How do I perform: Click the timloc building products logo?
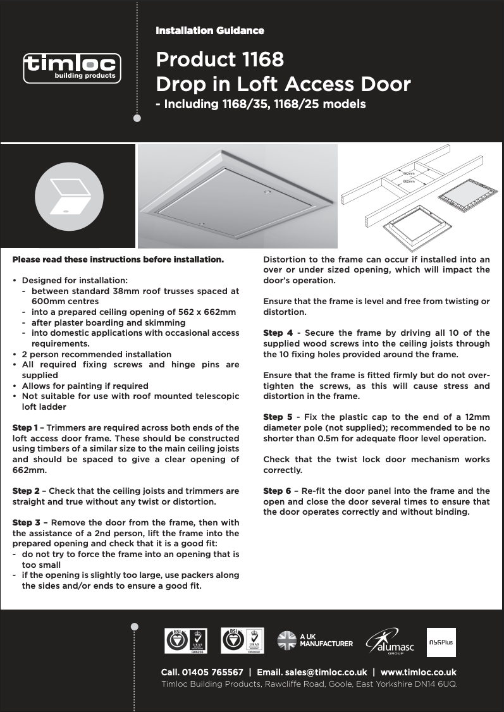tap(71, 68)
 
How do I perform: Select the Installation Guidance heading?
tap(210, 30)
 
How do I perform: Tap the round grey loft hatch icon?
tap(69, 197)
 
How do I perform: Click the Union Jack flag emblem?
tap(287, 641)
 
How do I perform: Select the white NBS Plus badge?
tap(441, 642)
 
